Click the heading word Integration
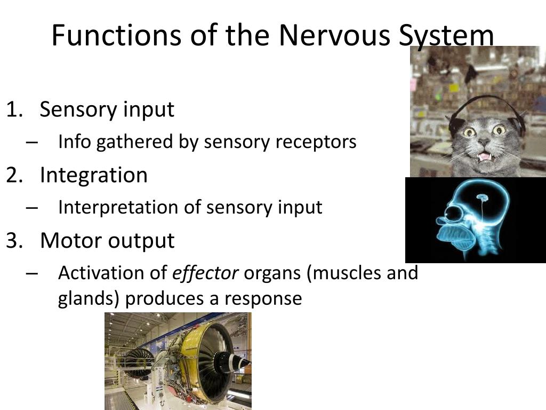(93, 175)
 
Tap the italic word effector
(205, 273)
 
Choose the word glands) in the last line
(89, 298)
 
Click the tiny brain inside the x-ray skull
(482, 199)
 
